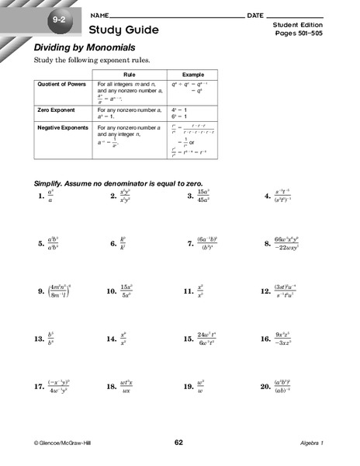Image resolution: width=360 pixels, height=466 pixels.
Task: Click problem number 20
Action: pyautogui.click(x=266, y=386)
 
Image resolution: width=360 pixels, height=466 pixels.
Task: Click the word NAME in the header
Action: pyautogui.click(x=99, y=16)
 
